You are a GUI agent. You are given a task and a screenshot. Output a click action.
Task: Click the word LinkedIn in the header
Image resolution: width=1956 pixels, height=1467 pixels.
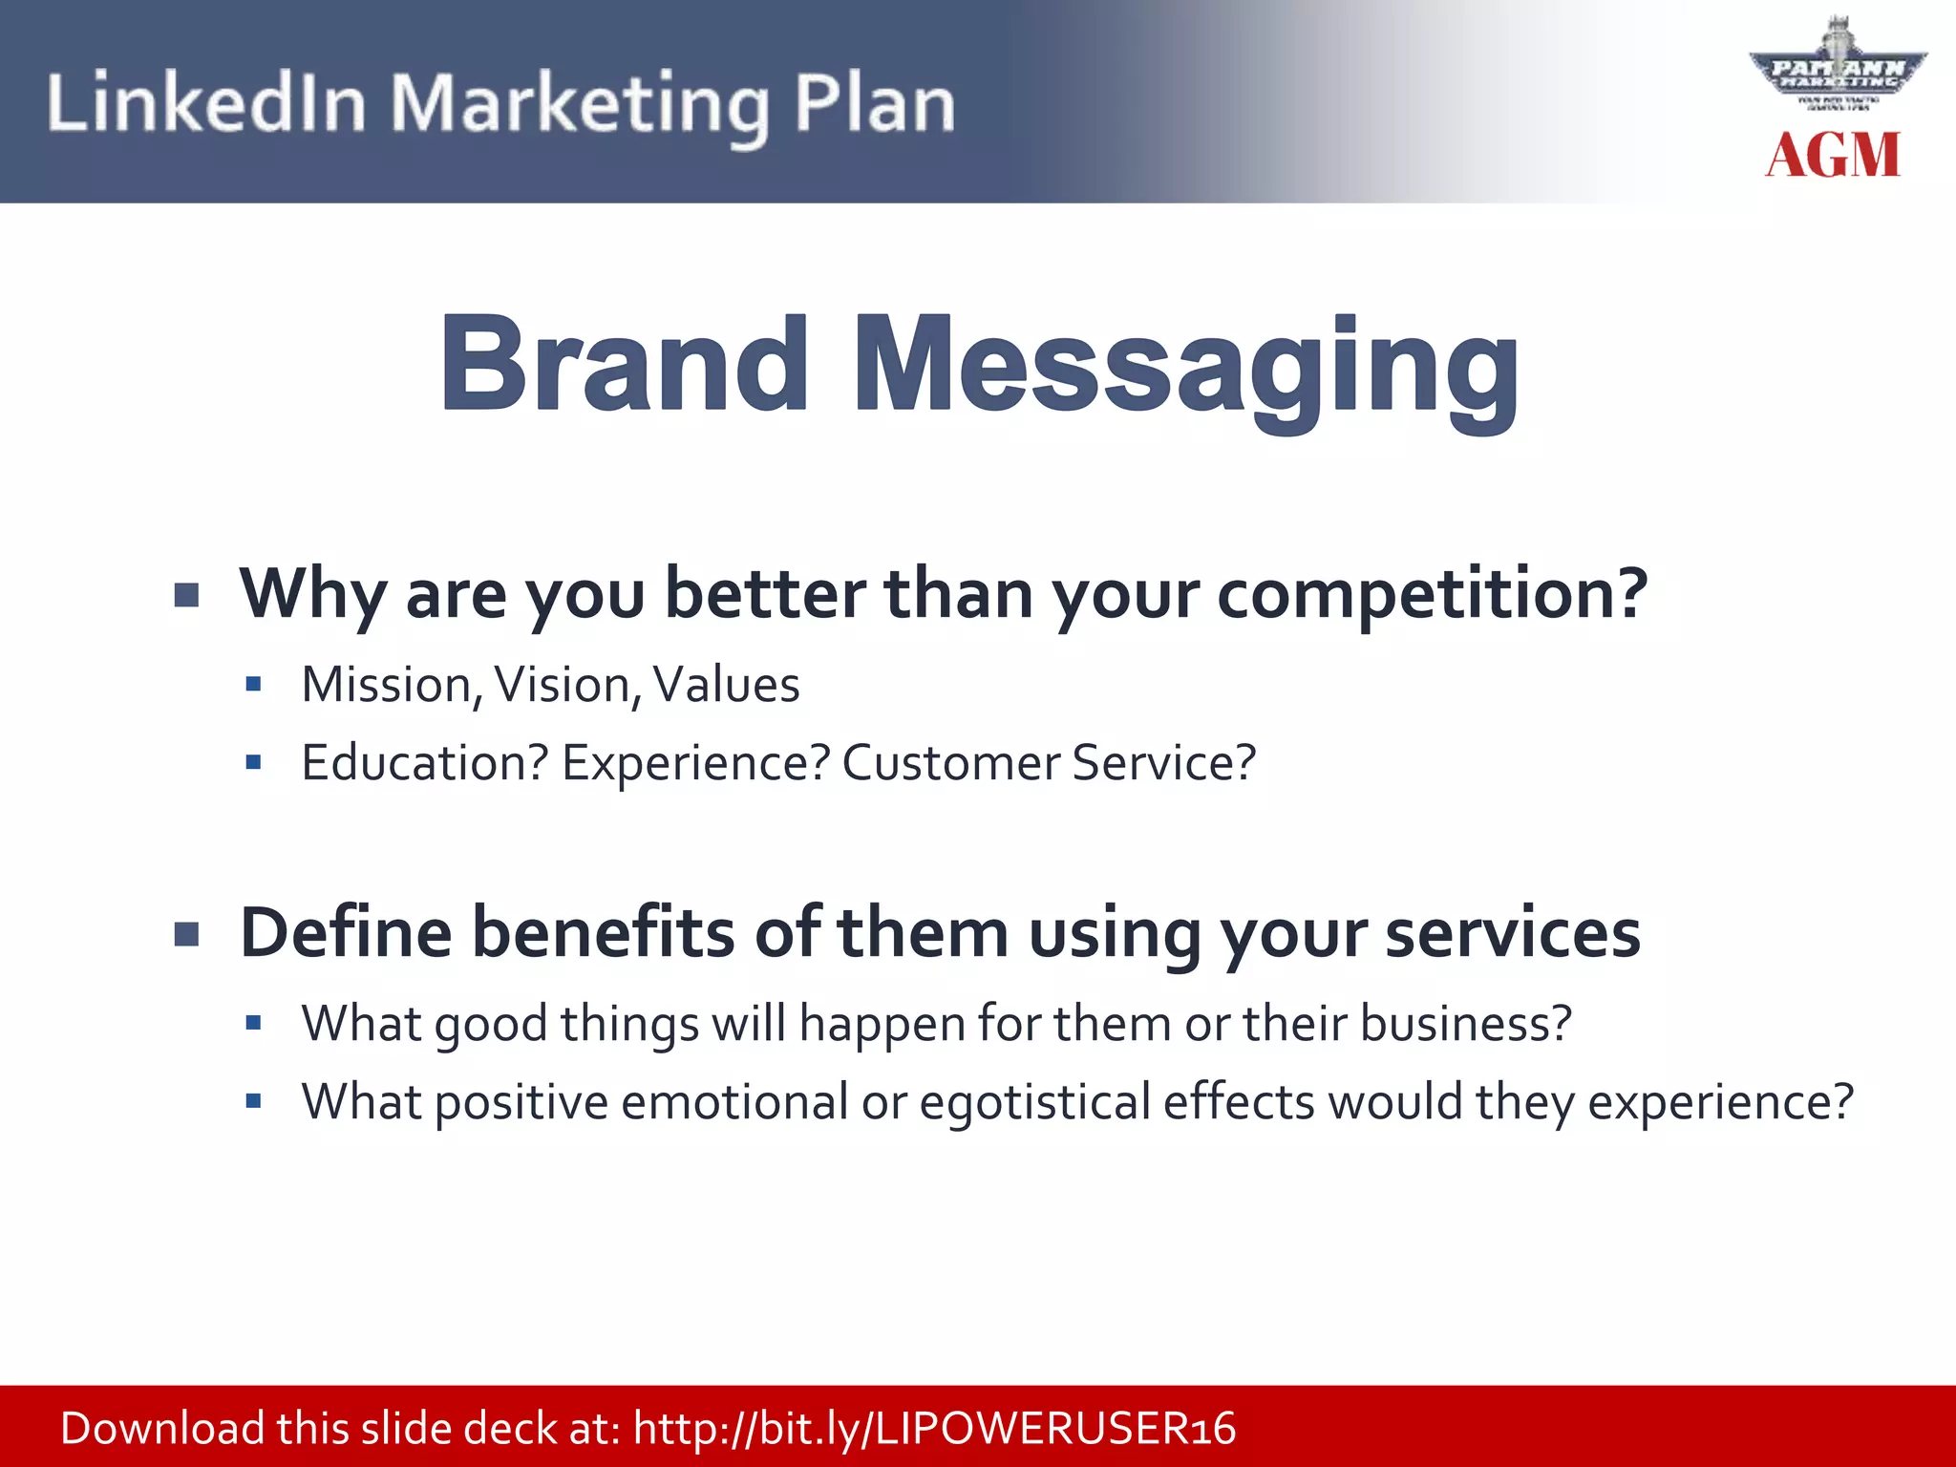click(206, 103)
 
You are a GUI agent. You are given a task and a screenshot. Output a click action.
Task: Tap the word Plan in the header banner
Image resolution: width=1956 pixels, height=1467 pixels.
click(874, 103)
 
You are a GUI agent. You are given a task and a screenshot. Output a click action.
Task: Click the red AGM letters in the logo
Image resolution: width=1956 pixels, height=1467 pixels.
click(1832, 156)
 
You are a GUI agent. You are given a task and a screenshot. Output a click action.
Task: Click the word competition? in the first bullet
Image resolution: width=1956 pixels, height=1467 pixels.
click(1432, 594)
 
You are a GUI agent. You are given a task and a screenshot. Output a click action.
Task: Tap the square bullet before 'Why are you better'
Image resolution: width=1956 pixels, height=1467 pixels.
click(187, 596)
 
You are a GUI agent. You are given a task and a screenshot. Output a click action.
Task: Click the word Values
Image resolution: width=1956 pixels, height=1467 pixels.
click(726, 686)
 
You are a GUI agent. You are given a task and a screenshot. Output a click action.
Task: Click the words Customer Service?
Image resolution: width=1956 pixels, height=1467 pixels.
click(1048, 763)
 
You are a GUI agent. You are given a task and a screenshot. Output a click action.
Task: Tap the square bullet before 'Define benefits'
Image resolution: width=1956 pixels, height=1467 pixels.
click(187, 934)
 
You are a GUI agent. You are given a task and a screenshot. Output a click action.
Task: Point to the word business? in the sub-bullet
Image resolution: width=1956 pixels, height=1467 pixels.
click(1465, 1024)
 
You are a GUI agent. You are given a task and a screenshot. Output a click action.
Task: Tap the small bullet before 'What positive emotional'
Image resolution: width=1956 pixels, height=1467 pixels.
click(253, 1101)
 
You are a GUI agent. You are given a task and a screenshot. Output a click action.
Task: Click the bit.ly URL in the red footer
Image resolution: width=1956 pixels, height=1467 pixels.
click(934, 1429)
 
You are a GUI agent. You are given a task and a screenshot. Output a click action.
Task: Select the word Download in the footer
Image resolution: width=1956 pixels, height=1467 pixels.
click(162, 1429)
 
